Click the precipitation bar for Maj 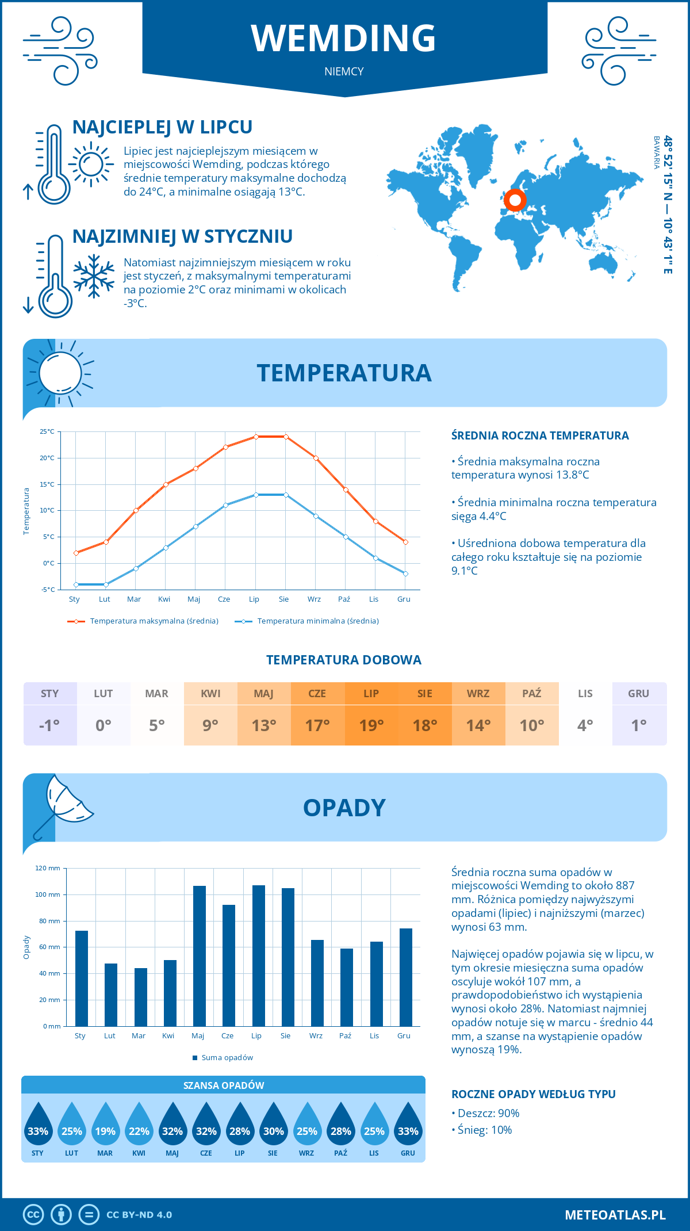199,956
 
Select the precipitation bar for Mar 140,997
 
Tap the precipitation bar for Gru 405,977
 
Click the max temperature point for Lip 256,437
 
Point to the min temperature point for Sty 76,584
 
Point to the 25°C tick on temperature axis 47,431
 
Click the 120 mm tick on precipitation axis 48,868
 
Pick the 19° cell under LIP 371,725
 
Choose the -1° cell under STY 49,725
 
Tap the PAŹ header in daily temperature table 531,693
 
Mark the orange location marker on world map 515,200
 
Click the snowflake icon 94,276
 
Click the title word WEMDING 344,38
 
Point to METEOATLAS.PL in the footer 615,1215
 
